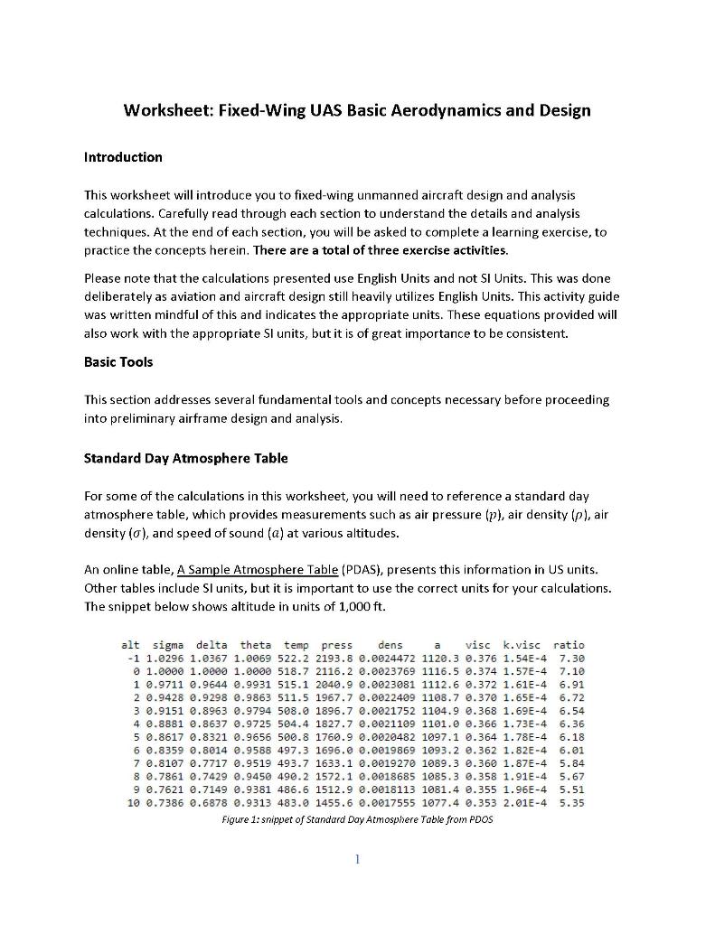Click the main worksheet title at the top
(x=357, y=111)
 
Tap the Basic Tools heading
(x=118, y=361)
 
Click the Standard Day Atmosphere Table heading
(x=185, y=458)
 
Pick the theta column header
(x=255, y=645)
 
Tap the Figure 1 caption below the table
(x=357, y=819)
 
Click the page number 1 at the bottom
(x=358, y=859)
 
